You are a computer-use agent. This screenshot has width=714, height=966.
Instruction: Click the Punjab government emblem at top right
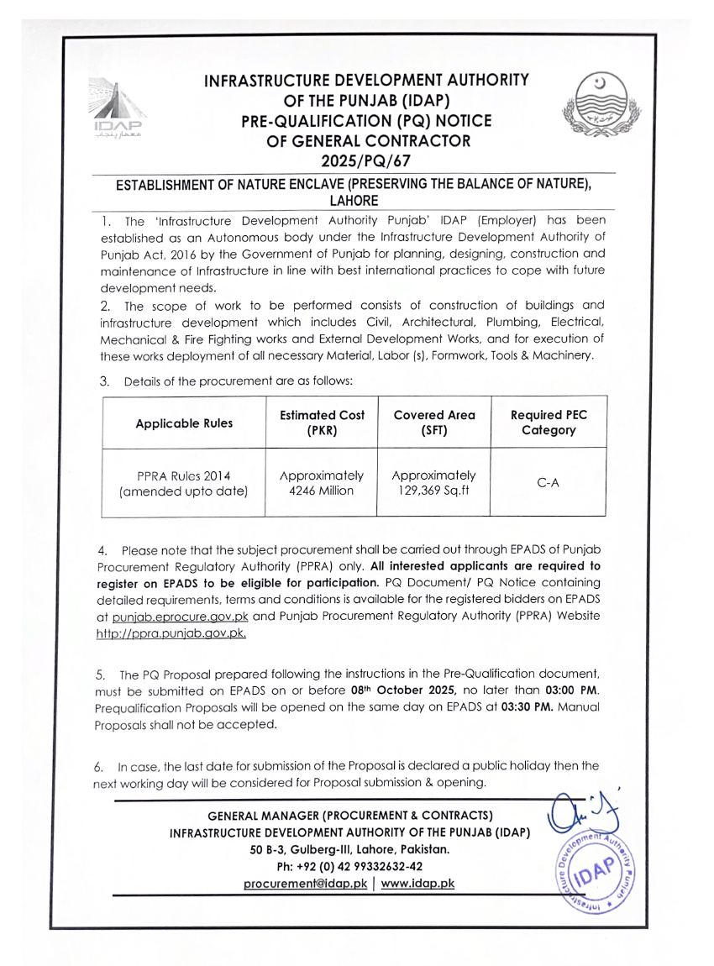tap(596, 108)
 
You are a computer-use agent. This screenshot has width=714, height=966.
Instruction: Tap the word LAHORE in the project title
tap(354, 201)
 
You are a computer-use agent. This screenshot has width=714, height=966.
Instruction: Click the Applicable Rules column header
tap(184, 423)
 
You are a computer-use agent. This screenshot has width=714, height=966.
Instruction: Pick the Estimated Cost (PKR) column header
tap(322, 423)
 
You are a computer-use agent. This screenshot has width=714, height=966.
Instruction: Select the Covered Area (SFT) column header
tap(433, 423)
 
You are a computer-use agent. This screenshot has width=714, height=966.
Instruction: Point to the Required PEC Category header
tap(548, 423)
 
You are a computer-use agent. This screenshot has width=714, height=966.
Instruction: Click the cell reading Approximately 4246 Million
tap(322, 482)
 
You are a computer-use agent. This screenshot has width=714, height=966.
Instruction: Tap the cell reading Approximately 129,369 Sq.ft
tap(433, 482)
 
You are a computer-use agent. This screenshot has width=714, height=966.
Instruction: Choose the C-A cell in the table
tap(548, 482)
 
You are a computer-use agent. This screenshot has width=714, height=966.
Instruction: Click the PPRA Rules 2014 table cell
tap(184, 482)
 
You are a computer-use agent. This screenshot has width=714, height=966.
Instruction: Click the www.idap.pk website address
tap(417, 884)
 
